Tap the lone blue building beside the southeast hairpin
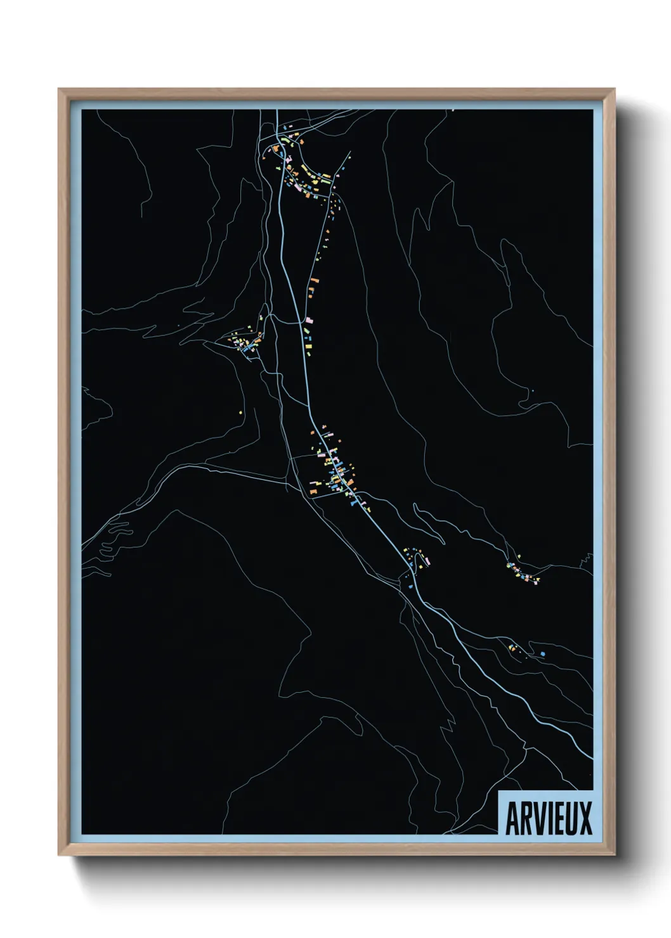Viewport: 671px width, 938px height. pyautogui.click(x=542, y=653)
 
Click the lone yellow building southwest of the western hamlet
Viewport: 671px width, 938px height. pyautogui.click(x=241, y=413)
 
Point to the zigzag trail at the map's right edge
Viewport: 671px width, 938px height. pyautogui.click(x=587, y=558)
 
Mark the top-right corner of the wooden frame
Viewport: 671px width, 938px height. pyautogui.click(x=615, y=90)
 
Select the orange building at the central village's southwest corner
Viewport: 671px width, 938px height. pyautogui.click(x=313, y=491)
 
